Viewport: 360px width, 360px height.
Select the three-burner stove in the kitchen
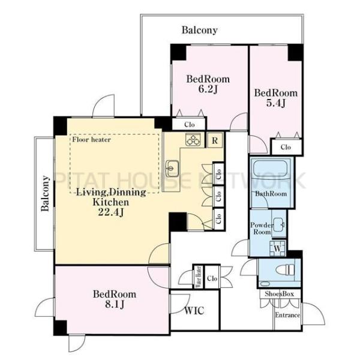[x=193, y=139]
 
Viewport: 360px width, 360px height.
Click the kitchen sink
[x=172, y=168]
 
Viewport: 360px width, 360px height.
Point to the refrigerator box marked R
[x=215, y=140]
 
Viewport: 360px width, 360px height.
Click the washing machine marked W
[x=278, y=248]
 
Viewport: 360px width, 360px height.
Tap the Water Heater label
[x=199, y=277]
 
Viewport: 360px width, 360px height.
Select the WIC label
[x=194, y=311]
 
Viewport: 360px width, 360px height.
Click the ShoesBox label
[x=279, y=294]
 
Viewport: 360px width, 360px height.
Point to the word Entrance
[x=287, y=315]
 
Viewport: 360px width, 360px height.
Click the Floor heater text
[x=91, y=139]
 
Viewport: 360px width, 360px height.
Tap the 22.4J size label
[x=110, y=212]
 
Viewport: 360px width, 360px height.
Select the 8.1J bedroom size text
[x=115, y=304]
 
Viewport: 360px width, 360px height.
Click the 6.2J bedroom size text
[x=208, y=89]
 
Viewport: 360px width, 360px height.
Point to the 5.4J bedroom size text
[x=276, y=103]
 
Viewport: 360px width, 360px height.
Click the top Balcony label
[x=200, y=30]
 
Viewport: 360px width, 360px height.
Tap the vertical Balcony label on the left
[x=45, y=193]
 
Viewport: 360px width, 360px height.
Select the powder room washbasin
[x=279, y=224]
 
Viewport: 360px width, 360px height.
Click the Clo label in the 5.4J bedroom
[x=286, y=147]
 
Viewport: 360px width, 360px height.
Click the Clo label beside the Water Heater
[x=212, y=278]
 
